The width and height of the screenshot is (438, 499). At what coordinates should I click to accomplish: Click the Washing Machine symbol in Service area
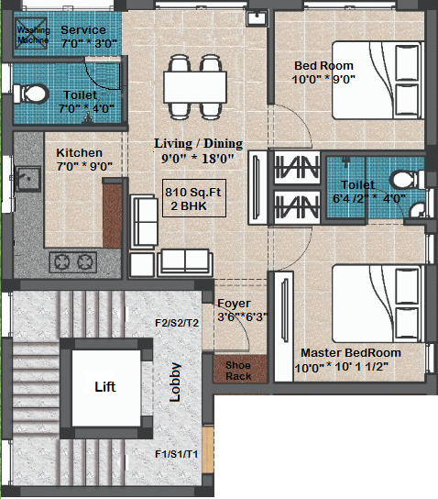31,33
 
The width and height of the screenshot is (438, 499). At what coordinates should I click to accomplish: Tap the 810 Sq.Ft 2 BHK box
194,198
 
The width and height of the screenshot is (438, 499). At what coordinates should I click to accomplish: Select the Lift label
105,387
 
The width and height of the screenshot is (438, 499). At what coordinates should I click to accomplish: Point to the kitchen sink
28,179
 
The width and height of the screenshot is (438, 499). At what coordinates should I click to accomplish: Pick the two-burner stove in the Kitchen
73,262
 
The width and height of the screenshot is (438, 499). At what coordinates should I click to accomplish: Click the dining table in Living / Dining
195,87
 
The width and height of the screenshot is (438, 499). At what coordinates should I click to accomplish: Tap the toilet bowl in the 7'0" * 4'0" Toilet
30,94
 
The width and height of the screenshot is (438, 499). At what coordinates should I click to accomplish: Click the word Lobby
175,382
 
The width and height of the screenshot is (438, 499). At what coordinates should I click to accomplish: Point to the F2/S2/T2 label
177,323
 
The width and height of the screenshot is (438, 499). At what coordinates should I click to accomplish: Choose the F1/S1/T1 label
177,454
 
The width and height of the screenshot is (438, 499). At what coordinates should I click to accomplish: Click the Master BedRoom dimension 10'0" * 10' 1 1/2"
342,367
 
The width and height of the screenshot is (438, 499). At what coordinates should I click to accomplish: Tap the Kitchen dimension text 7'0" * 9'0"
84,166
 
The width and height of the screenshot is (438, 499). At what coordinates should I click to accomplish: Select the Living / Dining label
198,143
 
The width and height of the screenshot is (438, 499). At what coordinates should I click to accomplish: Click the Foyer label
234,304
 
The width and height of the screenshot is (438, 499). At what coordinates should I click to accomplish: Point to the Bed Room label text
323,65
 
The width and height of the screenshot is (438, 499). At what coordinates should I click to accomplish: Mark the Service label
83,29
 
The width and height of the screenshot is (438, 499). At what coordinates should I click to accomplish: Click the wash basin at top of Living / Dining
257,18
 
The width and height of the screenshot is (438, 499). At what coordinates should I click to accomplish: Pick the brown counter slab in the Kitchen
112,213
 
